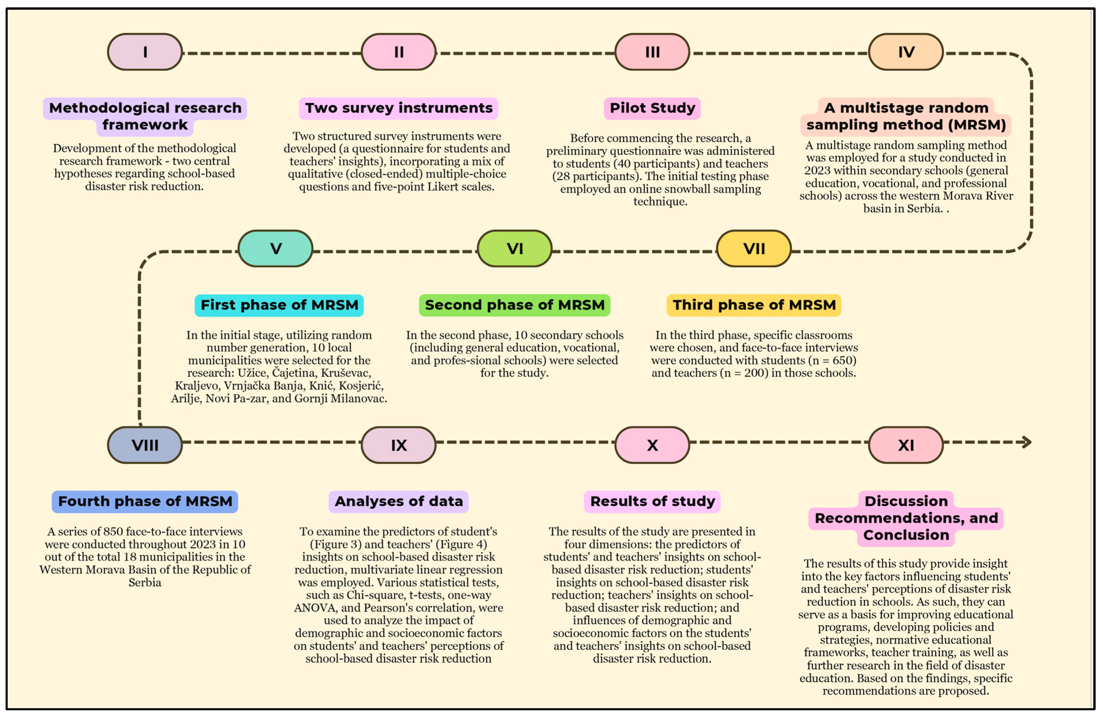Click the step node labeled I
point(145,52)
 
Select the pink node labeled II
point(399,52)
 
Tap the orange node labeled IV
point(906,52)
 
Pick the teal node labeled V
point(276,249)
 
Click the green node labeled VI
point(514,249)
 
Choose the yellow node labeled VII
point(754,249)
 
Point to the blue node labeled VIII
point(145,445)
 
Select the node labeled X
point(652,445)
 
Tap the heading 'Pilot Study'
point(652,108)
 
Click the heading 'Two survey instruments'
point(399,108)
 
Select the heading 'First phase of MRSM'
point(279,305)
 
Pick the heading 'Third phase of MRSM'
point(754,305)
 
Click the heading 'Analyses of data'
point(399,501)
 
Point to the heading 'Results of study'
point(652,501)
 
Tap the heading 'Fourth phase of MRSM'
point(145,501)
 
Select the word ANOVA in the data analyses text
point(316,608)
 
